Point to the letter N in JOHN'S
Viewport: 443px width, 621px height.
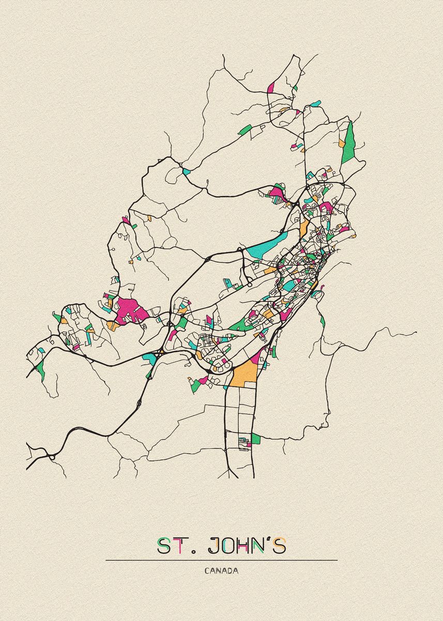tap(264, 546)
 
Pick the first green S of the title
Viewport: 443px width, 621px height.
tap(164, 546)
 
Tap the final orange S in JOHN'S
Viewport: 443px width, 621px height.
tap(281, 546)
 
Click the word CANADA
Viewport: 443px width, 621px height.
tap(221, 571)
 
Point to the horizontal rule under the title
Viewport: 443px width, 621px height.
tap(221, 560)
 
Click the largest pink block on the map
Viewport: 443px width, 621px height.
tap(128, 310)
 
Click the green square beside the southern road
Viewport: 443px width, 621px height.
tap(255, 439)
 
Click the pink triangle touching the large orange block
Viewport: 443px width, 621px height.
tap(255, 358)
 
